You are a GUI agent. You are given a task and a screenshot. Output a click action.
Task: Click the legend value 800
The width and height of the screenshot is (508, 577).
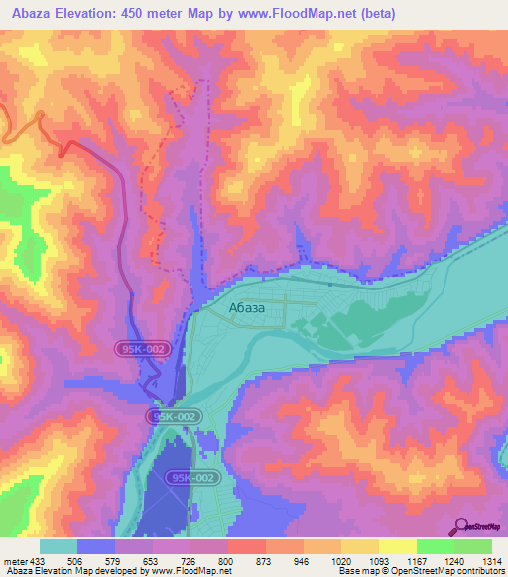[225, 560]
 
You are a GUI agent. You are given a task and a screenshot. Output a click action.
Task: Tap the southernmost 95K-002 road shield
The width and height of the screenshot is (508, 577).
[191, 478]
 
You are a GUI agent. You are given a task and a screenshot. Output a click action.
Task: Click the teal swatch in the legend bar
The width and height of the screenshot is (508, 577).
[58, 546]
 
